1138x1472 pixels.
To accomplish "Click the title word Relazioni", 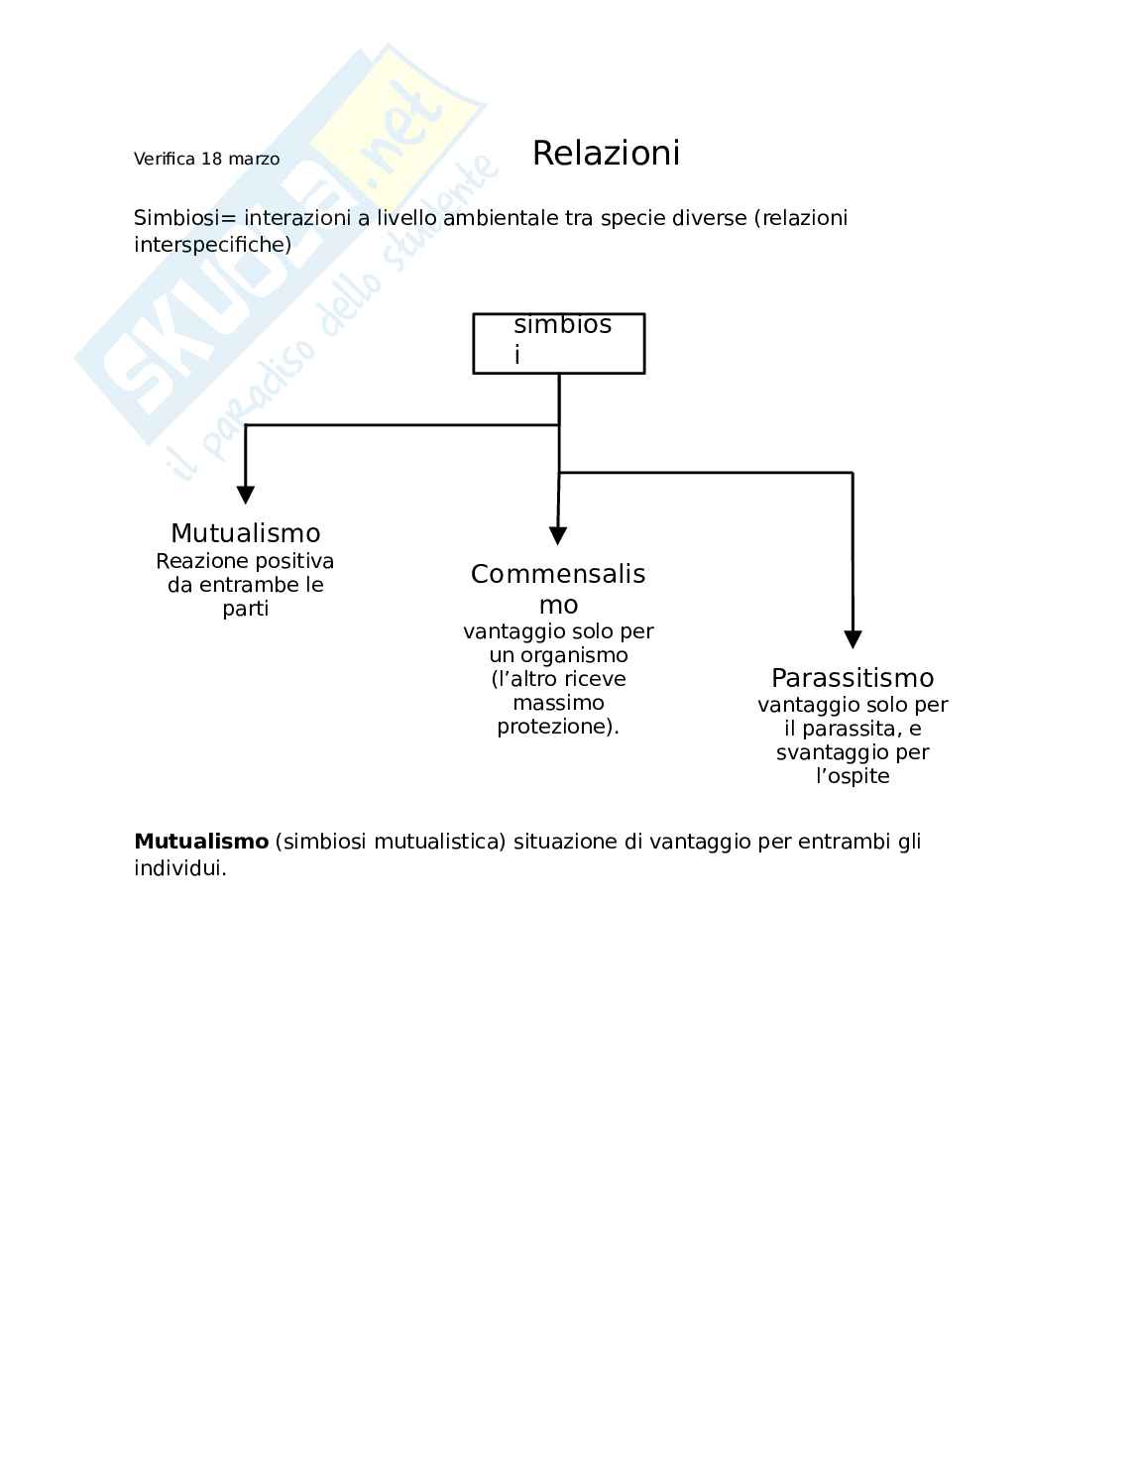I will click(606, 154).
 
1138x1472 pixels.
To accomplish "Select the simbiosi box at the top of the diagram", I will click(558, 343).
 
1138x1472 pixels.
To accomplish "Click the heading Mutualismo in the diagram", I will click(245, 533).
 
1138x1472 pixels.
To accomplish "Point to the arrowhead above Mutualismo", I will click(246, 495).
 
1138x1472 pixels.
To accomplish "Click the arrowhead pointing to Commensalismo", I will click(558, 535).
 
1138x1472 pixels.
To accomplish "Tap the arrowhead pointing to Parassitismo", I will click(853, 639).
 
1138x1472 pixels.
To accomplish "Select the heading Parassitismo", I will click(853, 678).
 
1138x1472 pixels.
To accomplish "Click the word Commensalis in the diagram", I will click(558, 574).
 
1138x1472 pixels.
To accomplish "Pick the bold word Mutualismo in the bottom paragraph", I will click(201, 842).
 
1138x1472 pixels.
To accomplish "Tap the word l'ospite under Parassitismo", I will click(853, 776).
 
